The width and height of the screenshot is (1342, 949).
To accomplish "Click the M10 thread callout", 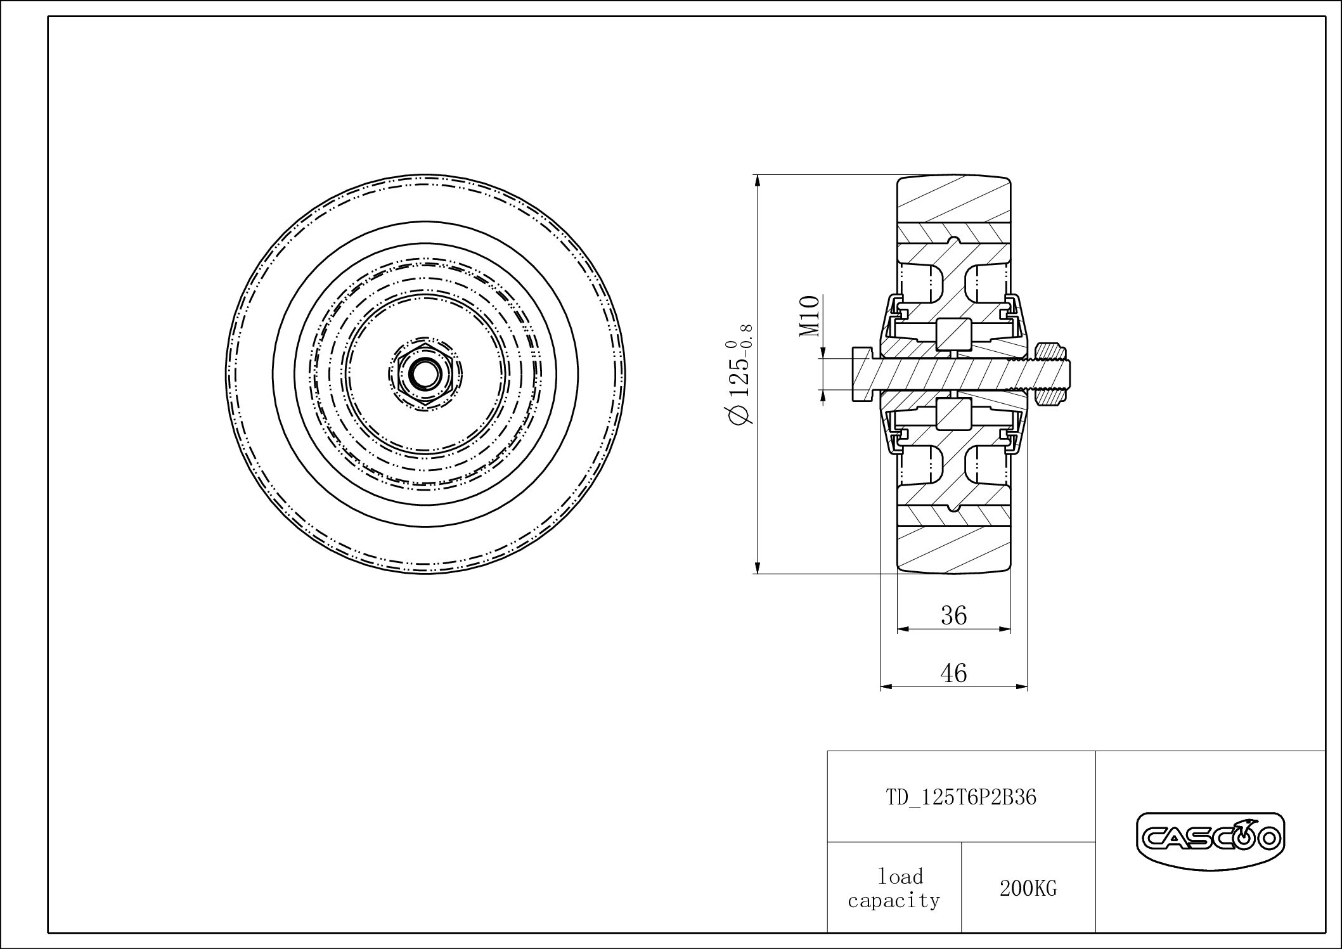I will click(x=810, y=316).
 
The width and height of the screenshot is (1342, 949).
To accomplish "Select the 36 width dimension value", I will click(x=953, y=615).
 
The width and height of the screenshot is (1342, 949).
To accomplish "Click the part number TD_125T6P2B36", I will click(x=961, y=797).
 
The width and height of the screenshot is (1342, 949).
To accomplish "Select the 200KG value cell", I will click(x=1028, y=889).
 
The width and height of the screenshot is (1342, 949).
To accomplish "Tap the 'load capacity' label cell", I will click(x=894, y=889).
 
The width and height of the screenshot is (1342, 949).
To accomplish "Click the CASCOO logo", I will click(x=1210, y=840).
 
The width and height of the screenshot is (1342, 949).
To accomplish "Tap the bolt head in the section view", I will click(x=863, y=374).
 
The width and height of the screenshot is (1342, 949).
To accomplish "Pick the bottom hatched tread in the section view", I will click(x=953, y=548).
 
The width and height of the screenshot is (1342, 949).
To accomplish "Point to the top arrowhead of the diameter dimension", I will click(x=758, y=180).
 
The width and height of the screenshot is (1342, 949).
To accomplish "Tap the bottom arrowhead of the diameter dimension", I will click(x=758, y=568).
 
